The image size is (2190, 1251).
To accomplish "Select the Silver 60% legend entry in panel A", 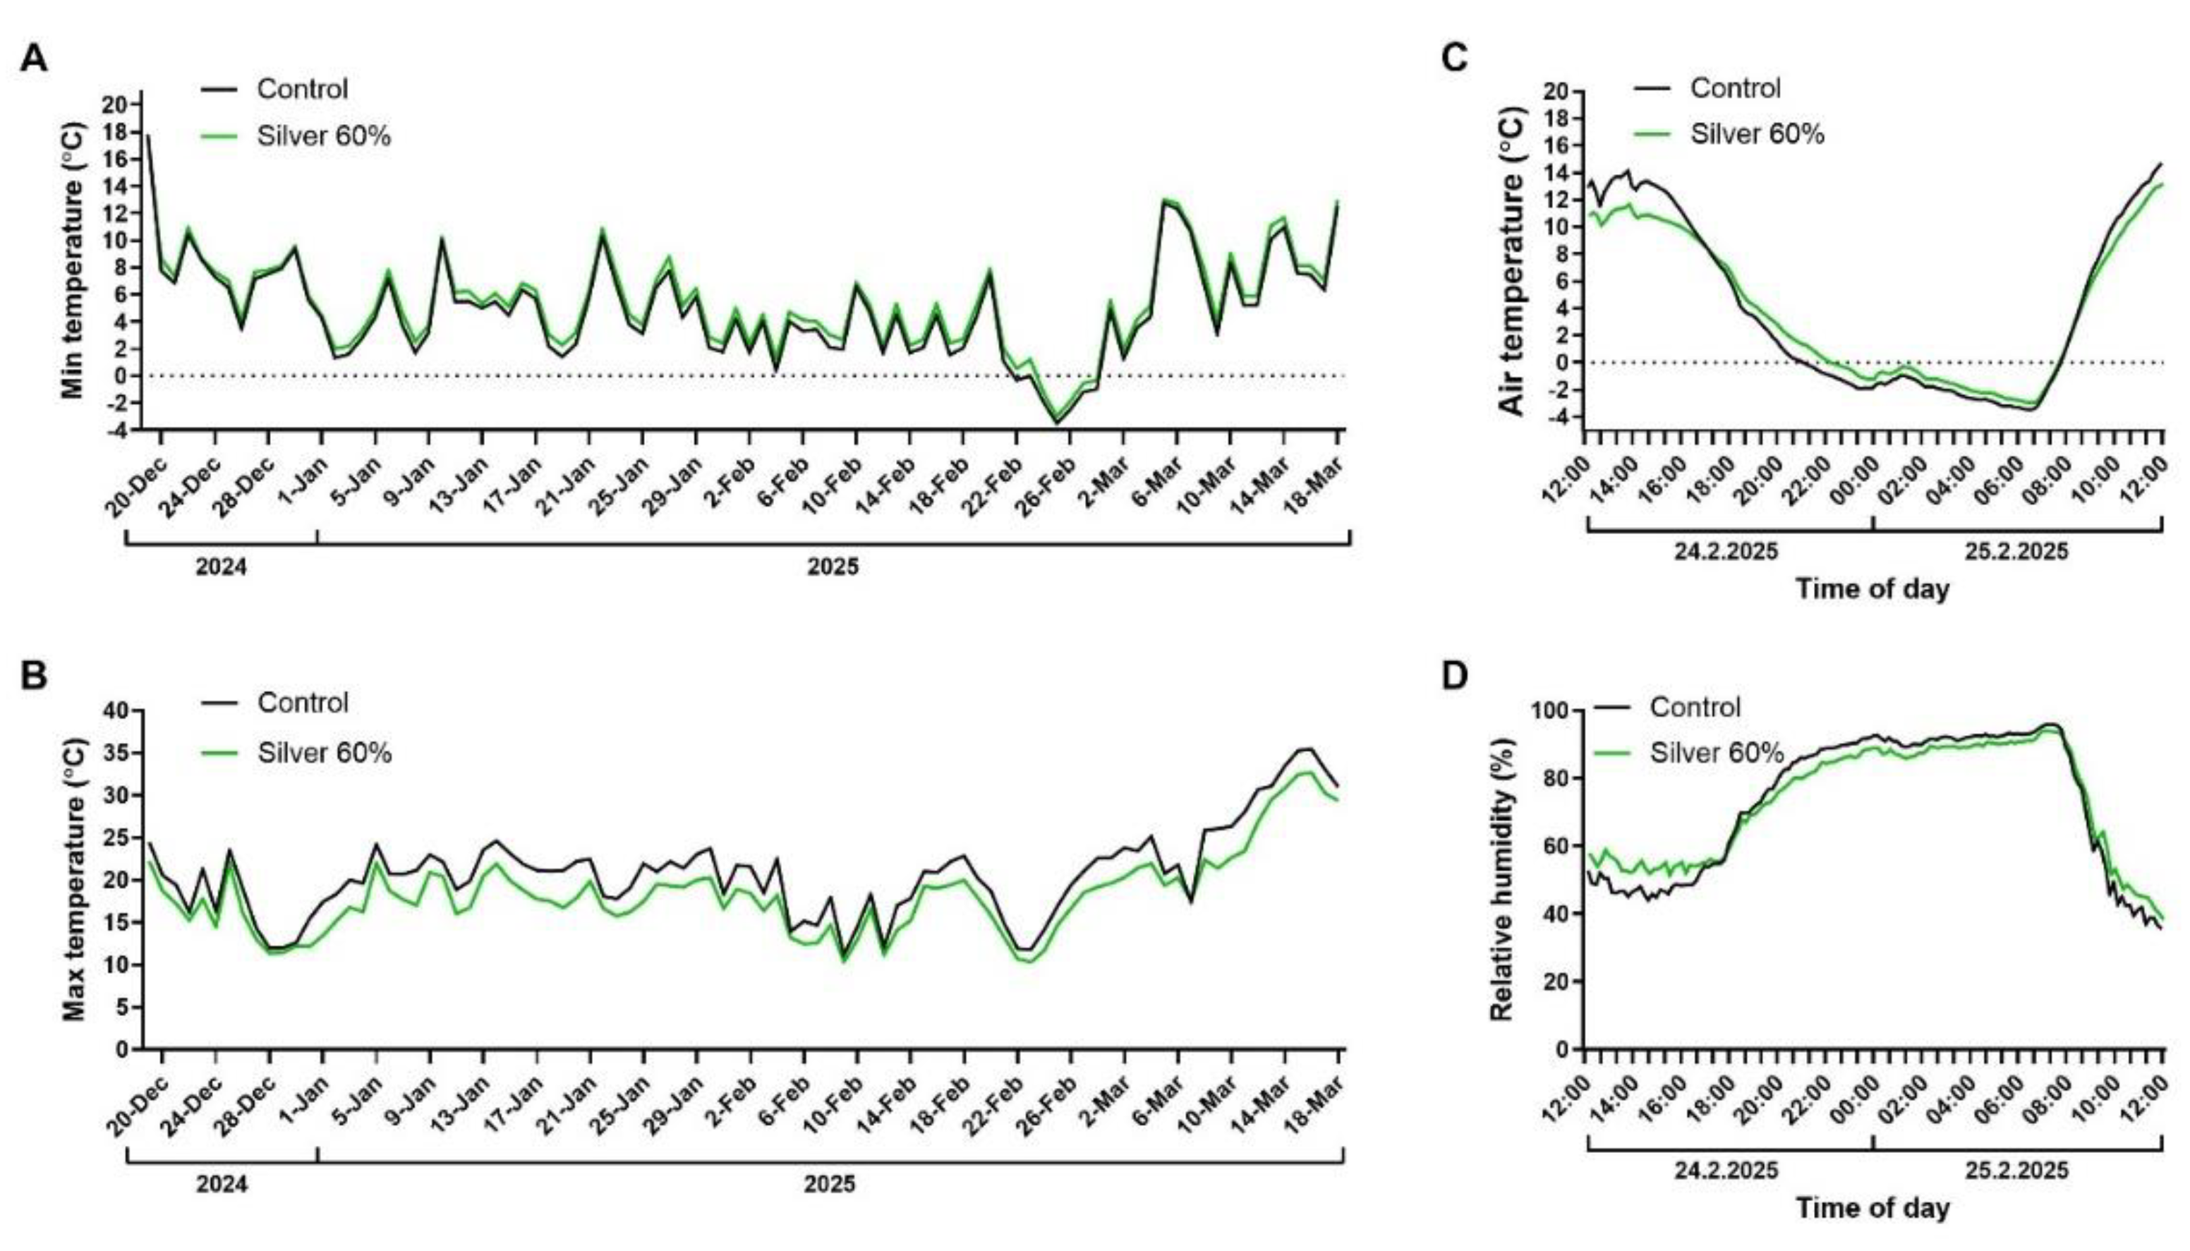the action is coord(296,135).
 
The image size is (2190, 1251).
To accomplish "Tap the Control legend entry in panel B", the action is coord(275,702).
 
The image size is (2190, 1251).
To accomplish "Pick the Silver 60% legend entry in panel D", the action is coord(1688,753).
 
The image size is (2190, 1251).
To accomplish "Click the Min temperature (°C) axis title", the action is coord(74,262).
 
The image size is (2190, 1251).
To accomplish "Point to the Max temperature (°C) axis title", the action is coord(74,880).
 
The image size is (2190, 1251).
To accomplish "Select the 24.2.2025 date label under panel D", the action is coord(1725,1171).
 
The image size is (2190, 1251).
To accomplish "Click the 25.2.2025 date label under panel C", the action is coord(2016,551).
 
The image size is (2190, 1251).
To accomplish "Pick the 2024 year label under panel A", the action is coord(222,567).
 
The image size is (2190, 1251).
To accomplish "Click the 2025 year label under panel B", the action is coord(830,1185).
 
